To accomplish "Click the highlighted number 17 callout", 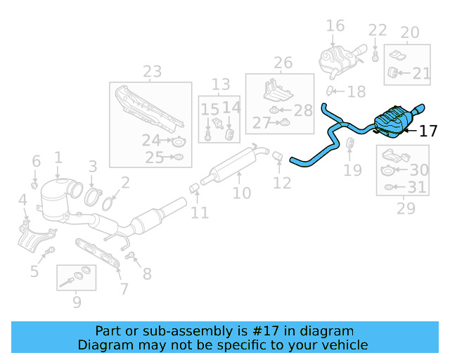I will (428, 131).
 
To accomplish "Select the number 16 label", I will (335, 26).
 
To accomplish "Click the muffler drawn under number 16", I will (337, 59).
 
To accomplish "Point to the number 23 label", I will (152, 71).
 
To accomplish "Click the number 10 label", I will (241, 193).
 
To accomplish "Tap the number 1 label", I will (58, 158).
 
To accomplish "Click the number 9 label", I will (76, 302).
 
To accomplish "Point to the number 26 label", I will (283, 63).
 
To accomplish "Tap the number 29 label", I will (406, 208).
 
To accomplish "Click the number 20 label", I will (409, 32).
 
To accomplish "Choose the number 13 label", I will (221, 84).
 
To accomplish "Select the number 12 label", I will (281, 183).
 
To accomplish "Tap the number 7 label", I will (124, 288).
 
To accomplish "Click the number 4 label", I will (22, 201).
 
